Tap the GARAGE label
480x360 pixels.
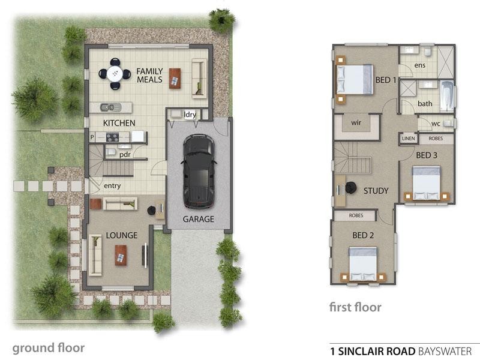(198, 219)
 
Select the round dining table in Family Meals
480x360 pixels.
(115, 74)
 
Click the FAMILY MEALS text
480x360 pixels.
(149, 75)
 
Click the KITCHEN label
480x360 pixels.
(119, 123)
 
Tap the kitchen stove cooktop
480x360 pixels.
(113, 137)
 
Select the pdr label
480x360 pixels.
(125, 154)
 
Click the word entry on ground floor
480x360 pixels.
(112, 186)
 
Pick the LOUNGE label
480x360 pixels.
(122, 235)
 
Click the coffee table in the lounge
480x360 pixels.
(121, 254)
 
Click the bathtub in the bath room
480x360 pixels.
(447, 96)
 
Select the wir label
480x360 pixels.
(356, 122)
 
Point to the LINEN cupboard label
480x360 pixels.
(408, 139)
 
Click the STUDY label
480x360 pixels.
(376, 191)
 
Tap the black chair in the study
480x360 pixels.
(349, 188)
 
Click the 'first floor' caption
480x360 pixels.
(355, 308)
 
